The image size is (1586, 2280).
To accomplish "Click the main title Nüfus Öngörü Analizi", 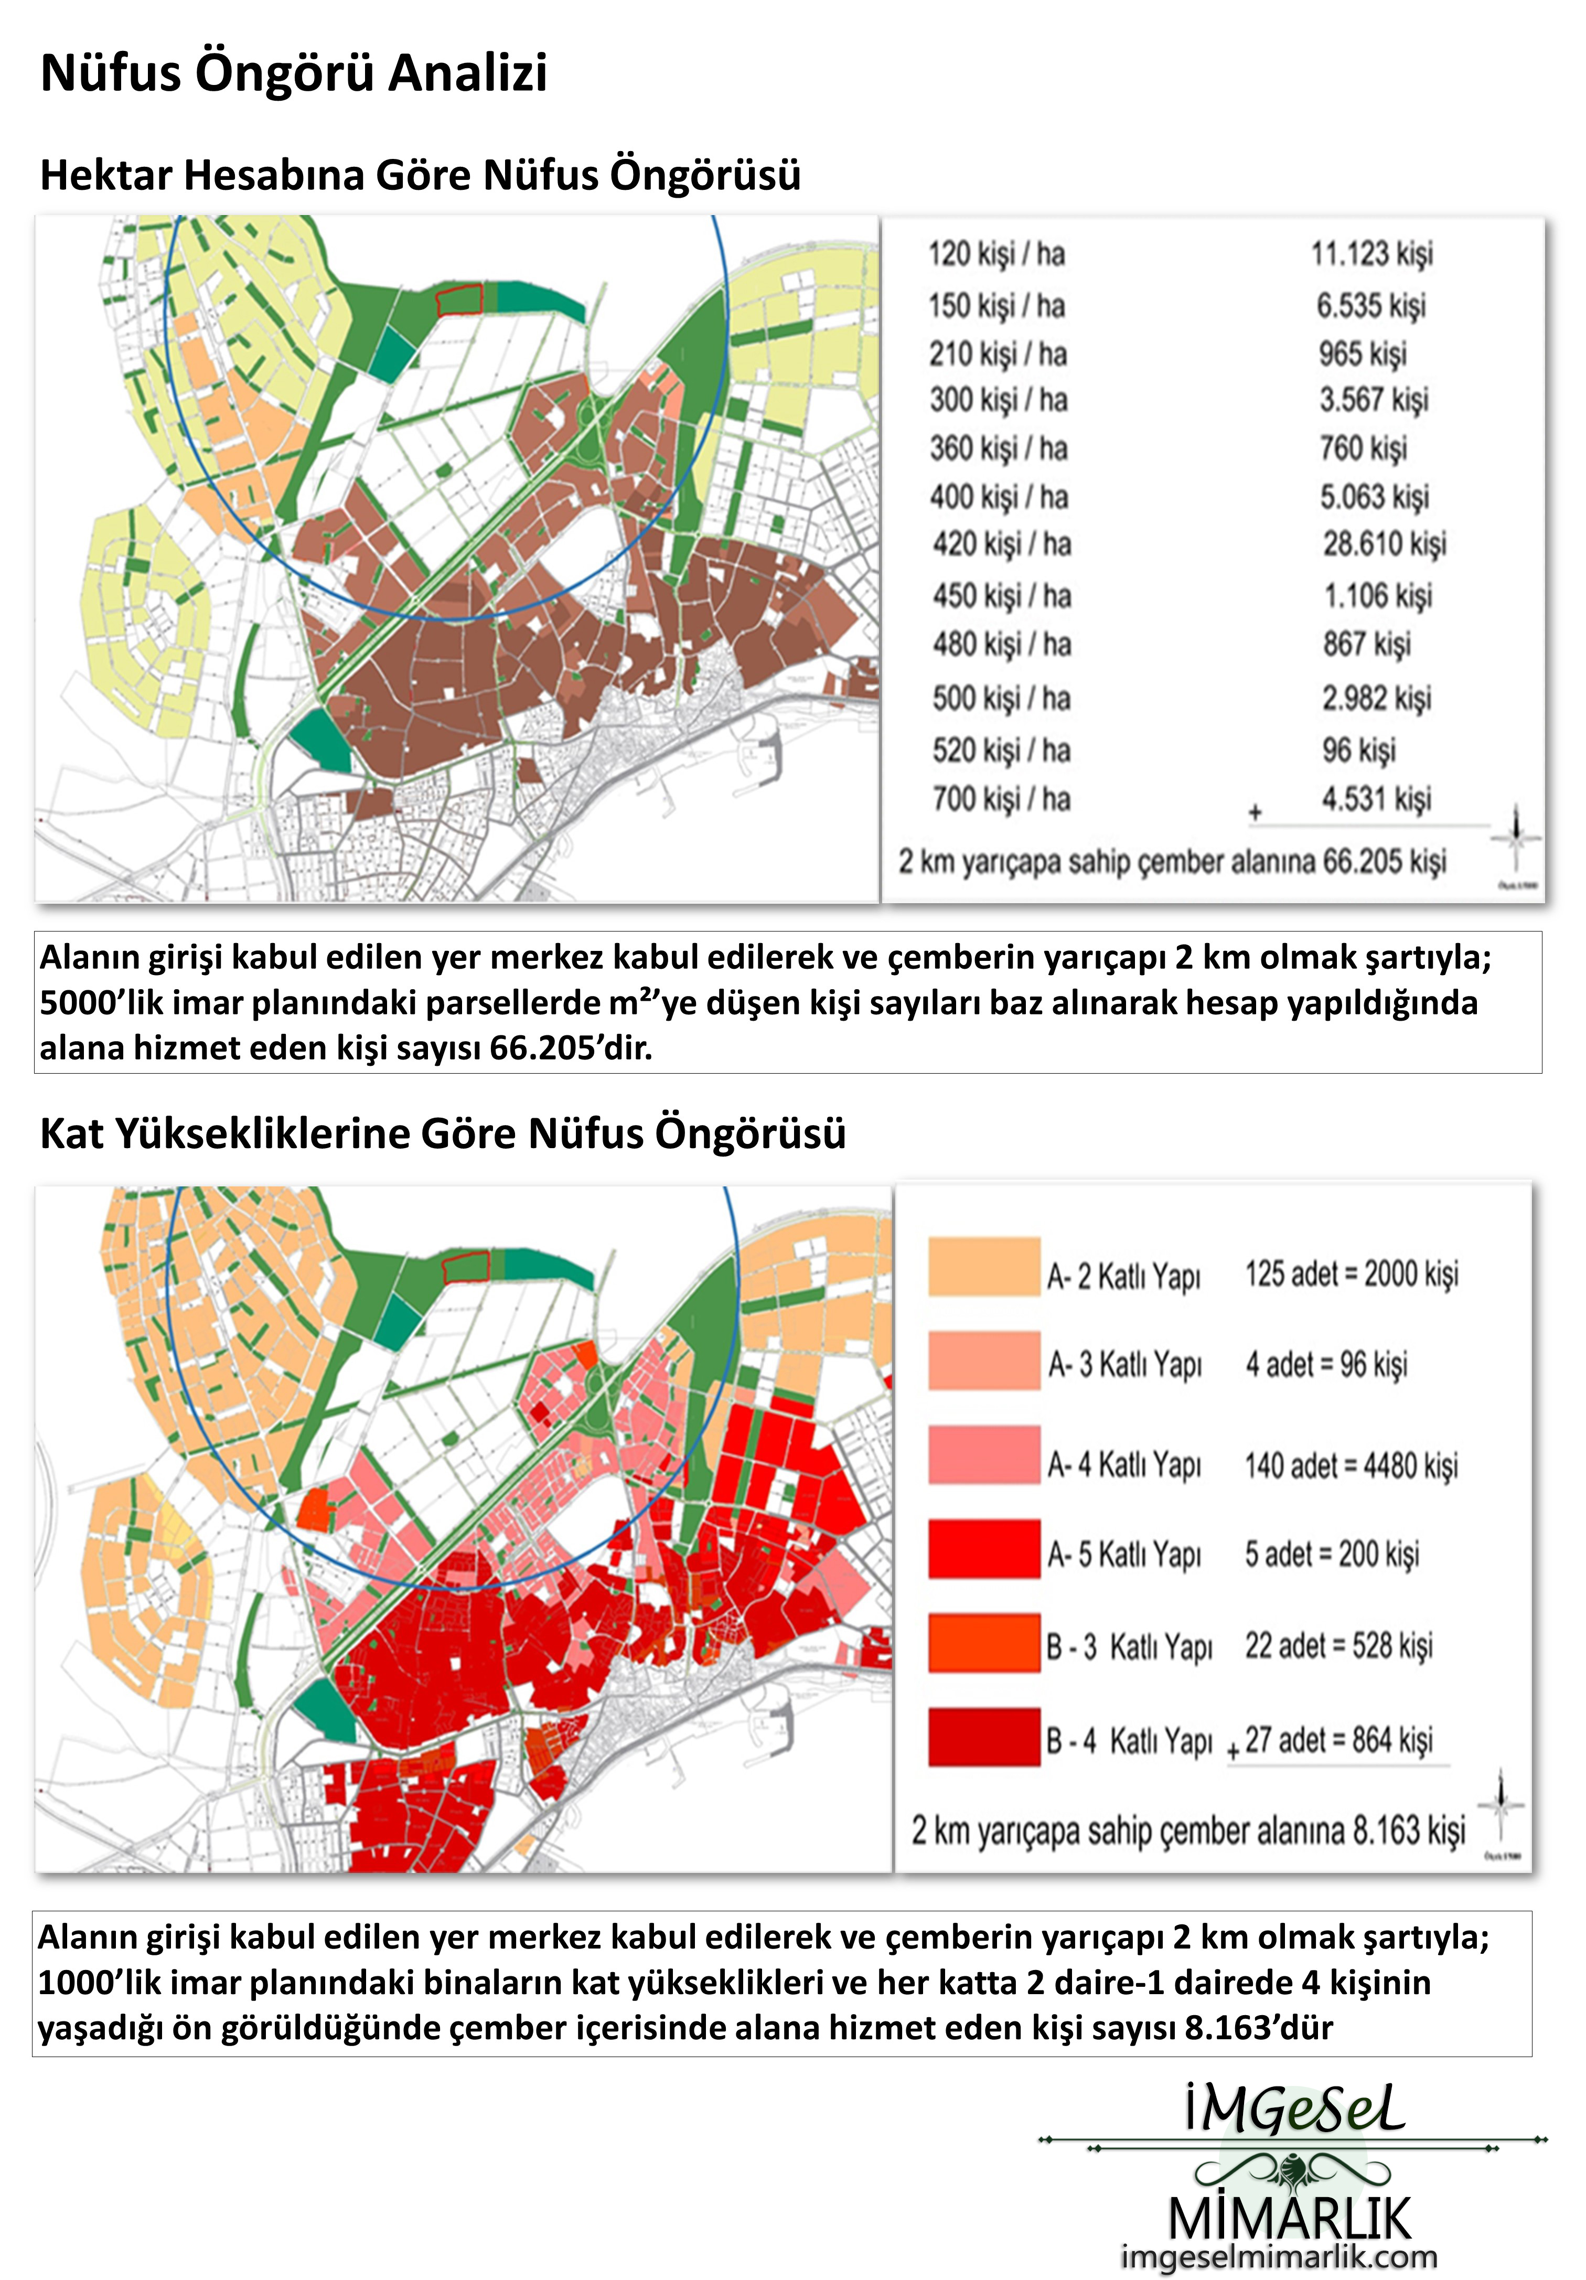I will coord(294,73).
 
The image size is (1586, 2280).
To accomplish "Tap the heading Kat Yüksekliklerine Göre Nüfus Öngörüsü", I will coord(443,1133).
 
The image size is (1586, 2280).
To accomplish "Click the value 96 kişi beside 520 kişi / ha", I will coord(1357,750).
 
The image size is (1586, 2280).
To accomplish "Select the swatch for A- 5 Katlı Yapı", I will coord(983,1549).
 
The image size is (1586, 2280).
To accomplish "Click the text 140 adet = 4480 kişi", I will coord(1351,1465).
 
